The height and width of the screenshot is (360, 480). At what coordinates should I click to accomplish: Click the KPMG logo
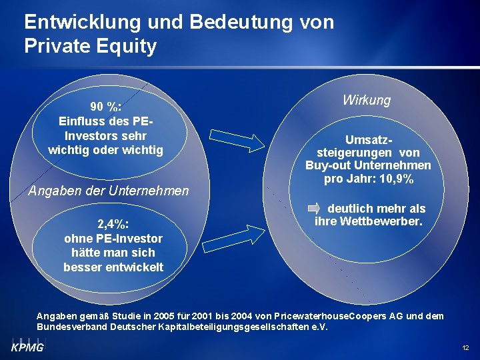pos(27,347)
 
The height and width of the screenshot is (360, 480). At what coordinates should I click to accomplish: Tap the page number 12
pos(465,347)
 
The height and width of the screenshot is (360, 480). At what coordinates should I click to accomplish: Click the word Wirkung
pos(367,100)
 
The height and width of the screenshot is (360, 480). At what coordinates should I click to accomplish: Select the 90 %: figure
pos(105,107)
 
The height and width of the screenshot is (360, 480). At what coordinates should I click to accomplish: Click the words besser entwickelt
pos(113,267)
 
